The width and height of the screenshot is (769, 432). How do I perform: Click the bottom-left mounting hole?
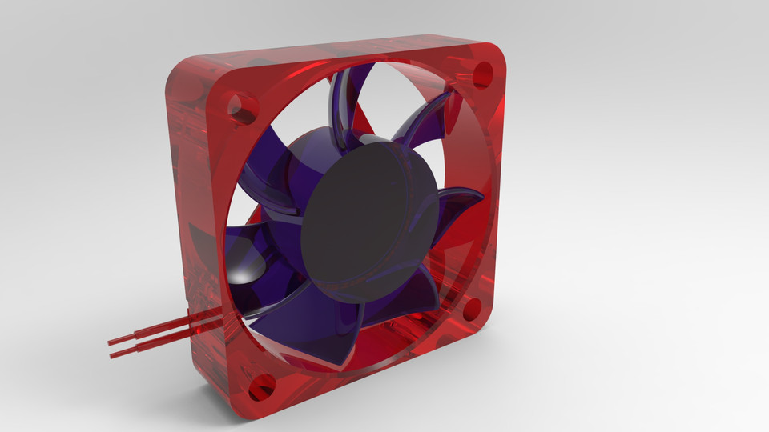click(x=261, y=388)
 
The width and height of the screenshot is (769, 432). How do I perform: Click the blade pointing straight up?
click(x=346, y=104)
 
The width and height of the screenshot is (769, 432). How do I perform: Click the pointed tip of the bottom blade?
click(x=344, y=370)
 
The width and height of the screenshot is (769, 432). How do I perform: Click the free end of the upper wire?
click(x=111, y=342)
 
